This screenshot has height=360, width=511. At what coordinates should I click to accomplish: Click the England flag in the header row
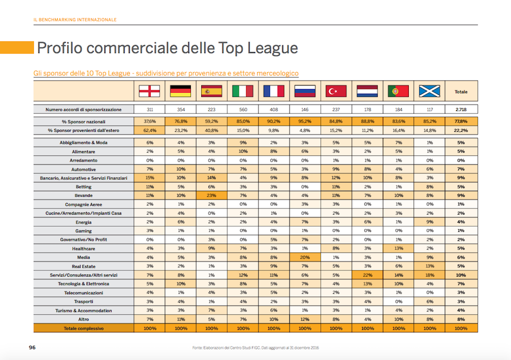pyautogui.click(x=149, y=91)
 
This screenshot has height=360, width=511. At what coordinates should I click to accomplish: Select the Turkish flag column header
pyautogui.click(x=336, y=91)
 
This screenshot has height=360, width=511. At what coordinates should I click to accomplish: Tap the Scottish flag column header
pyautogui.click(x=430, y=91)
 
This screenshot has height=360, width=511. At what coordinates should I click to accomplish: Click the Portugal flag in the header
pyautogui.click(x=398, y=91)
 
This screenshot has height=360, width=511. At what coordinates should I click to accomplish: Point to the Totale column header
pyautogui.click(x=461, y=92)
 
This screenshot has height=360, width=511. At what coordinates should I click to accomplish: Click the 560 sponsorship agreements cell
pyautogui.click(x=242, y=109)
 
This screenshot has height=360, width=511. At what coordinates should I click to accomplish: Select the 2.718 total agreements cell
pyautogui.click(x=461, y=109)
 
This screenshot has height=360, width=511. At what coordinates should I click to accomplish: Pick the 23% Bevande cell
pyautogui.click(x=211, y=195)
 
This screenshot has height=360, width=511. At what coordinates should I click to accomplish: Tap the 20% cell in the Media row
pyautogui.click(x=305, y=257)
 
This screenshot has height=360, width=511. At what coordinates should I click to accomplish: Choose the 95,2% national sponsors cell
pyautogui.click(x=305, y=121)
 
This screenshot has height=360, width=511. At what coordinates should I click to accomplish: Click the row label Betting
pyautogui.click(x=83, y=187)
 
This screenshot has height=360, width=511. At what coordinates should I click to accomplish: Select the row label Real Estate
pyautogui.click(x=83, y=266)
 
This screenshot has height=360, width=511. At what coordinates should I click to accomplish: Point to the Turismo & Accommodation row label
pyautogui.click(x=83, y=311)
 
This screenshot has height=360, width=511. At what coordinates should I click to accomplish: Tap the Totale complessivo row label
pyautogui.click(x=83, y=329)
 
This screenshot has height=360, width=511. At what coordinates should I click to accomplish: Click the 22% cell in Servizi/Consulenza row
pyautogui.click(x=367, y=275)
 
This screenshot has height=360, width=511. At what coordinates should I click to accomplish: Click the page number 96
pyautogui.click(x=32, y=347)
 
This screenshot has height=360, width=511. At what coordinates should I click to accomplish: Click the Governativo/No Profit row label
pyautogui.click(x=83, y=240)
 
